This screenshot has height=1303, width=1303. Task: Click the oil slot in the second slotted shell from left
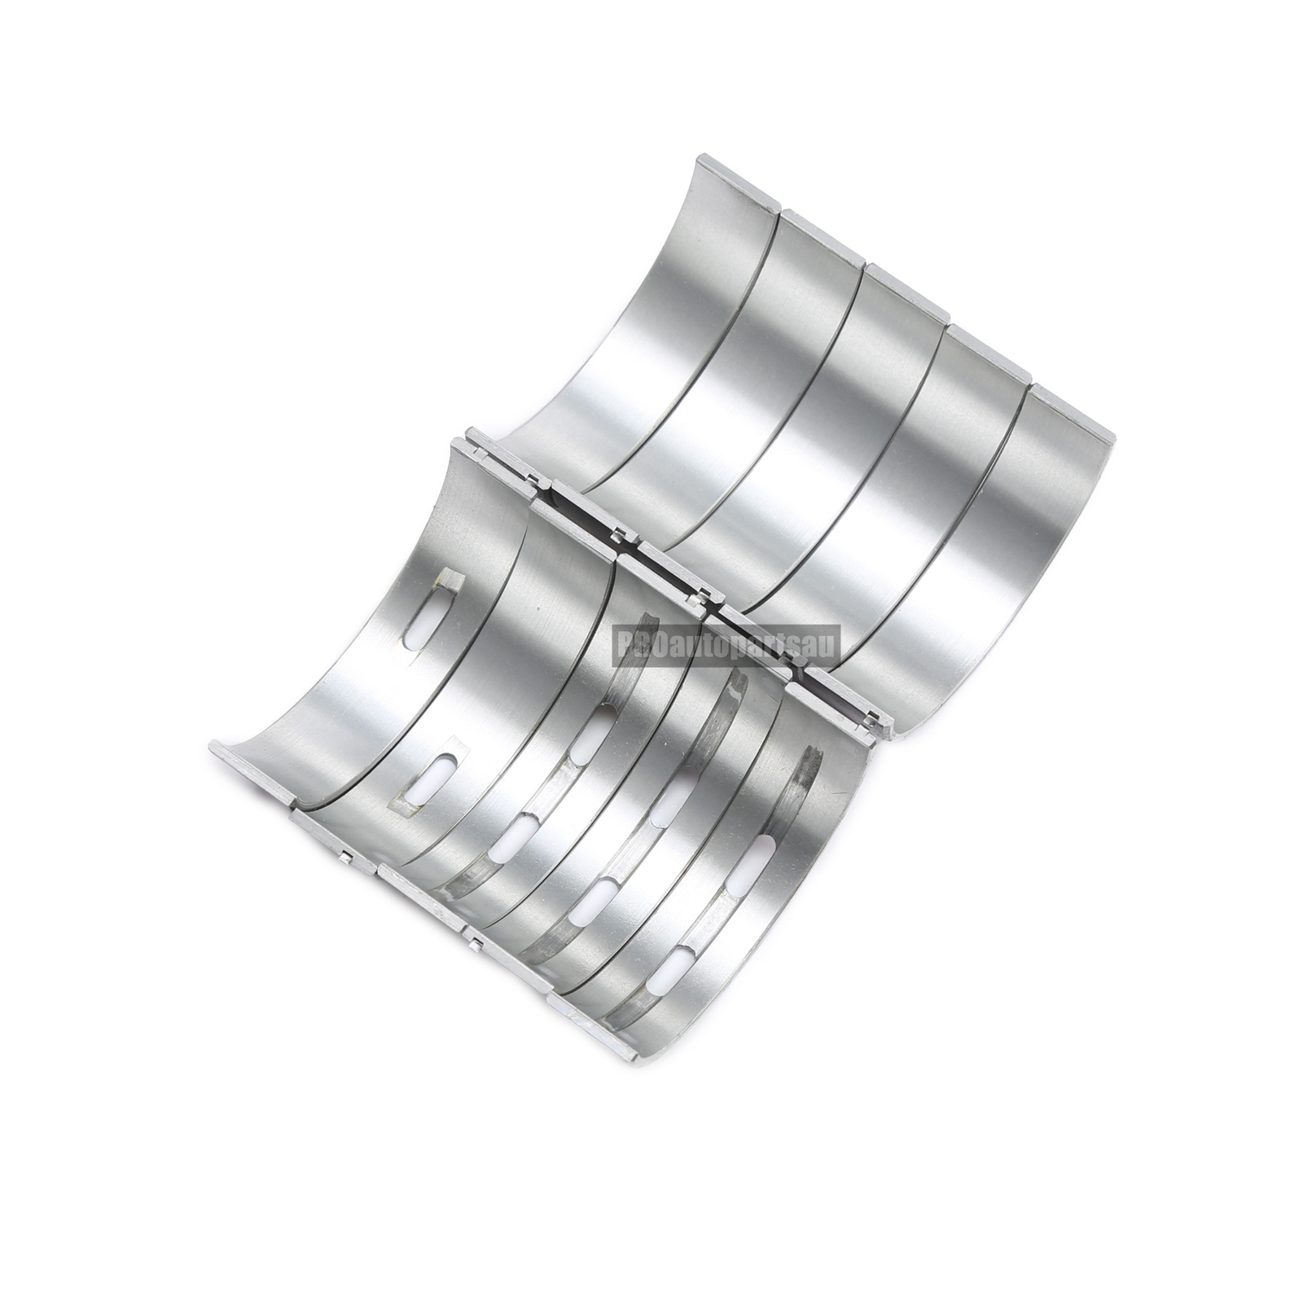(x=437, y=778)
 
